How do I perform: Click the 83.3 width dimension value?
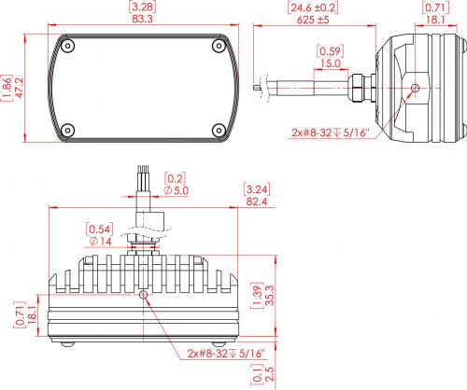[142, 19]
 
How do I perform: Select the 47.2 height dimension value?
[20, 88]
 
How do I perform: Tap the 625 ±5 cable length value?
[313, 20]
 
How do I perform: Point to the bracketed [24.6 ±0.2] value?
[313, 7]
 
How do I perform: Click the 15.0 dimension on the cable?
[331, 63]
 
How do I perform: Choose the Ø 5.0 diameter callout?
[177, 190]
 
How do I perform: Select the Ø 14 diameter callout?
[100, 241]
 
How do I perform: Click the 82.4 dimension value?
[257, 202]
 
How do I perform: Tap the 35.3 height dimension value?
[269, 295]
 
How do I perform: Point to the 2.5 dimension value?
[269, 374]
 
